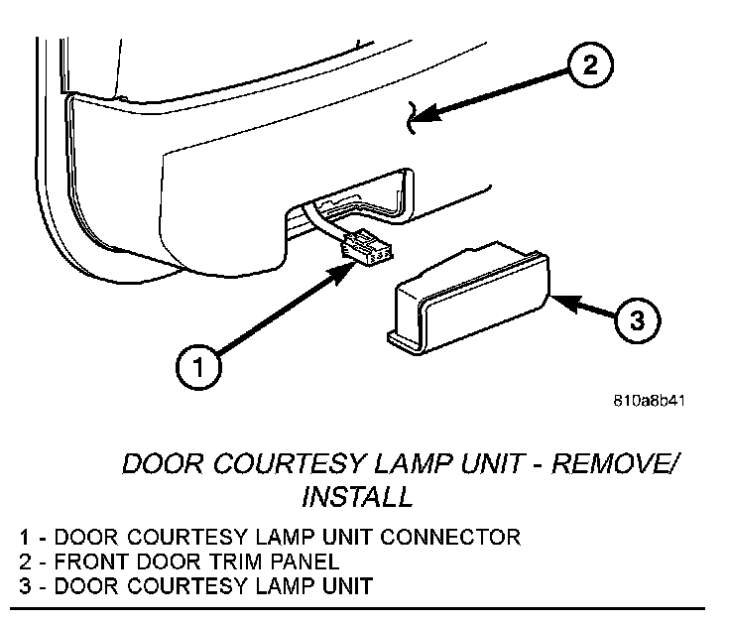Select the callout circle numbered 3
tap(636, 321)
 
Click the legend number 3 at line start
tap(24, 585)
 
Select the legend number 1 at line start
tap(24, 539)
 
